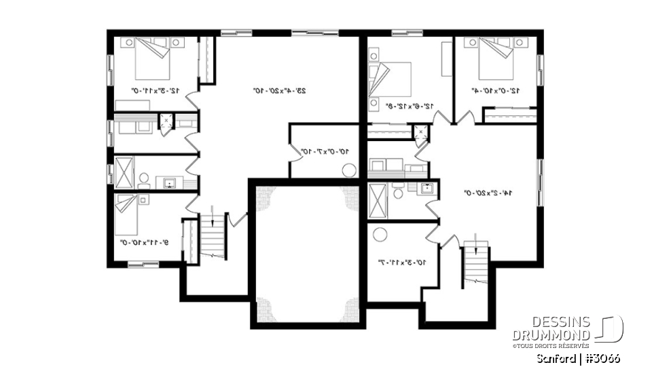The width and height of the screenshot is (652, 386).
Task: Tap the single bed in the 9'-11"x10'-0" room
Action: pyautogui.click(x=128, y=211)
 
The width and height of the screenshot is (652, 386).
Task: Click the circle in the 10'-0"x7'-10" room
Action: pyautogui.click(x=350, y=171)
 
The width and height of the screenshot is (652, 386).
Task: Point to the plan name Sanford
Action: pyautogui.click(x=556, y=358)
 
